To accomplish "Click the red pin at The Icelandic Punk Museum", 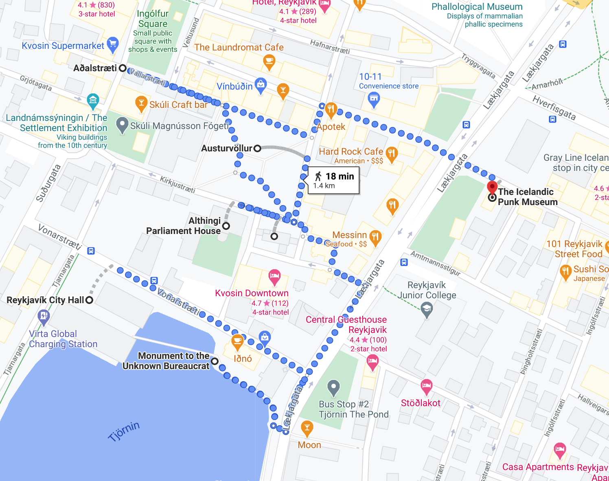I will point(492,188).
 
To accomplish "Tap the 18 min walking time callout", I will point(334,180).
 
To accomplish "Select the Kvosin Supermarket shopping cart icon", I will point(113,44).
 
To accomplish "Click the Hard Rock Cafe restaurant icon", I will point(392,153).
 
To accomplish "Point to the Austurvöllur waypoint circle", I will point(257,149).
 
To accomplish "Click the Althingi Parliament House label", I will point(184,226).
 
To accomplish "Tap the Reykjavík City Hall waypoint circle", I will point(90,300).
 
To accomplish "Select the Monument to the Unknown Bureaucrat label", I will point(166,361).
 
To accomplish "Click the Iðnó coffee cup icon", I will point(237,341).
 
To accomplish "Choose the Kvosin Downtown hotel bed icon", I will point(274,276).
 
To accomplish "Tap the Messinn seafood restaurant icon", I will point(375,237).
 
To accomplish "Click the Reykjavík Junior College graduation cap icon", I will point(427,310).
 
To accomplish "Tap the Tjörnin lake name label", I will point(124,431).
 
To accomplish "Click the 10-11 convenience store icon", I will point(374,99).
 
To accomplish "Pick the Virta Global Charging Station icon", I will point(44,316).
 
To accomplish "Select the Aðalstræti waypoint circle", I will point(123,68).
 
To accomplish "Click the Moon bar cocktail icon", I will point(307,428).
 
